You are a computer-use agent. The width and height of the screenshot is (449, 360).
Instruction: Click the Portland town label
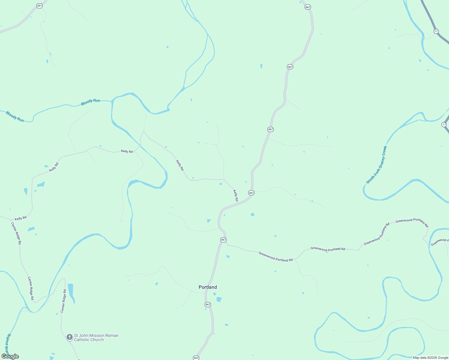[x=208, y=287]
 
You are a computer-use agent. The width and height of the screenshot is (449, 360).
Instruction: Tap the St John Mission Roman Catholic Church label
[x=96, y=337]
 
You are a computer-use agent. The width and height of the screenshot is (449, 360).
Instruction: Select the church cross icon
[x=69, y=337]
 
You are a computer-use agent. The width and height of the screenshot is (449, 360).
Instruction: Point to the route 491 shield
[x=39, y=6]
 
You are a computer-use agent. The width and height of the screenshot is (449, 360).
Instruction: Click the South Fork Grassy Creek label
[x=377, y=165]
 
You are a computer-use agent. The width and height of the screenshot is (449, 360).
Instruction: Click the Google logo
[x=10, y=356]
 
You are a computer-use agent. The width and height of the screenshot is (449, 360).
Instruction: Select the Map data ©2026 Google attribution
[x=430, y=358]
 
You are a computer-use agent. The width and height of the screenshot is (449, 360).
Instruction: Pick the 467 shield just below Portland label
[x=208, y=304]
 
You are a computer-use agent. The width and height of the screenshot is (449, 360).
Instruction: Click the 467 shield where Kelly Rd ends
[x=251, y=193]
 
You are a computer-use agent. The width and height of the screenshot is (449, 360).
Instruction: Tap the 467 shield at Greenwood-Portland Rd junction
[x=223, y=240]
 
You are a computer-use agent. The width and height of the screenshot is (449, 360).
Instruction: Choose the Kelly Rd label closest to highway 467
[x=236, y=195]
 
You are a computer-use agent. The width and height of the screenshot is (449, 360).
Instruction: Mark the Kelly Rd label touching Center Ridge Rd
[x=21, y=218]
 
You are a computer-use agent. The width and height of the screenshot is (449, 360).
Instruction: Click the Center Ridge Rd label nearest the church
[x=63, y=301]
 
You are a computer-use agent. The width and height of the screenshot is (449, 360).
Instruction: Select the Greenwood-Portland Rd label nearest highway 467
[x=276, y=257]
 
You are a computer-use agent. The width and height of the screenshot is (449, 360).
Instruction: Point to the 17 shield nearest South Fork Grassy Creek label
[x=444, y=124]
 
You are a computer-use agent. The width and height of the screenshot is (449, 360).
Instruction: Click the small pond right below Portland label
[x=219, y=299]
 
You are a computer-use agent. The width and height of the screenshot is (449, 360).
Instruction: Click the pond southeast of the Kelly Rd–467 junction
[x=252, y=214]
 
